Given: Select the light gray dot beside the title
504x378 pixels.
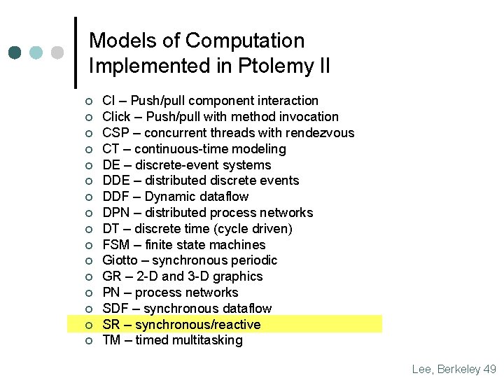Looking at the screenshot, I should click(57, 52).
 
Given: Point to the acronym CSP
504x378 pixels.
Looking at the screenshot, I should click(115, 133).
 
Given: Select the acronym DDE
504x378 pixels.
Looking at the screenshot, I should click(116, 181).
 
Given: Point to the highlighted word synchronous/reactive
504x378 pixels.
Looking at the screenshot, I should click(197, 325).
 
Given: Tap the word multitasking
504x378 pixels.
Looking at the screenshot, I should click(206, 340).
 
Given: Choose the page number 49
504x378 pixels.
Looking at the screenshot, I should click(490, 369).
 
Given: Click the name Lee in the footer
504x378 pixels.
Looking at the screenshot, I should click(423, 369).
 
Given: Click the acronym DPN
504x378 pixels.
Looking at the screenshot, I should click(116, 213).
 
